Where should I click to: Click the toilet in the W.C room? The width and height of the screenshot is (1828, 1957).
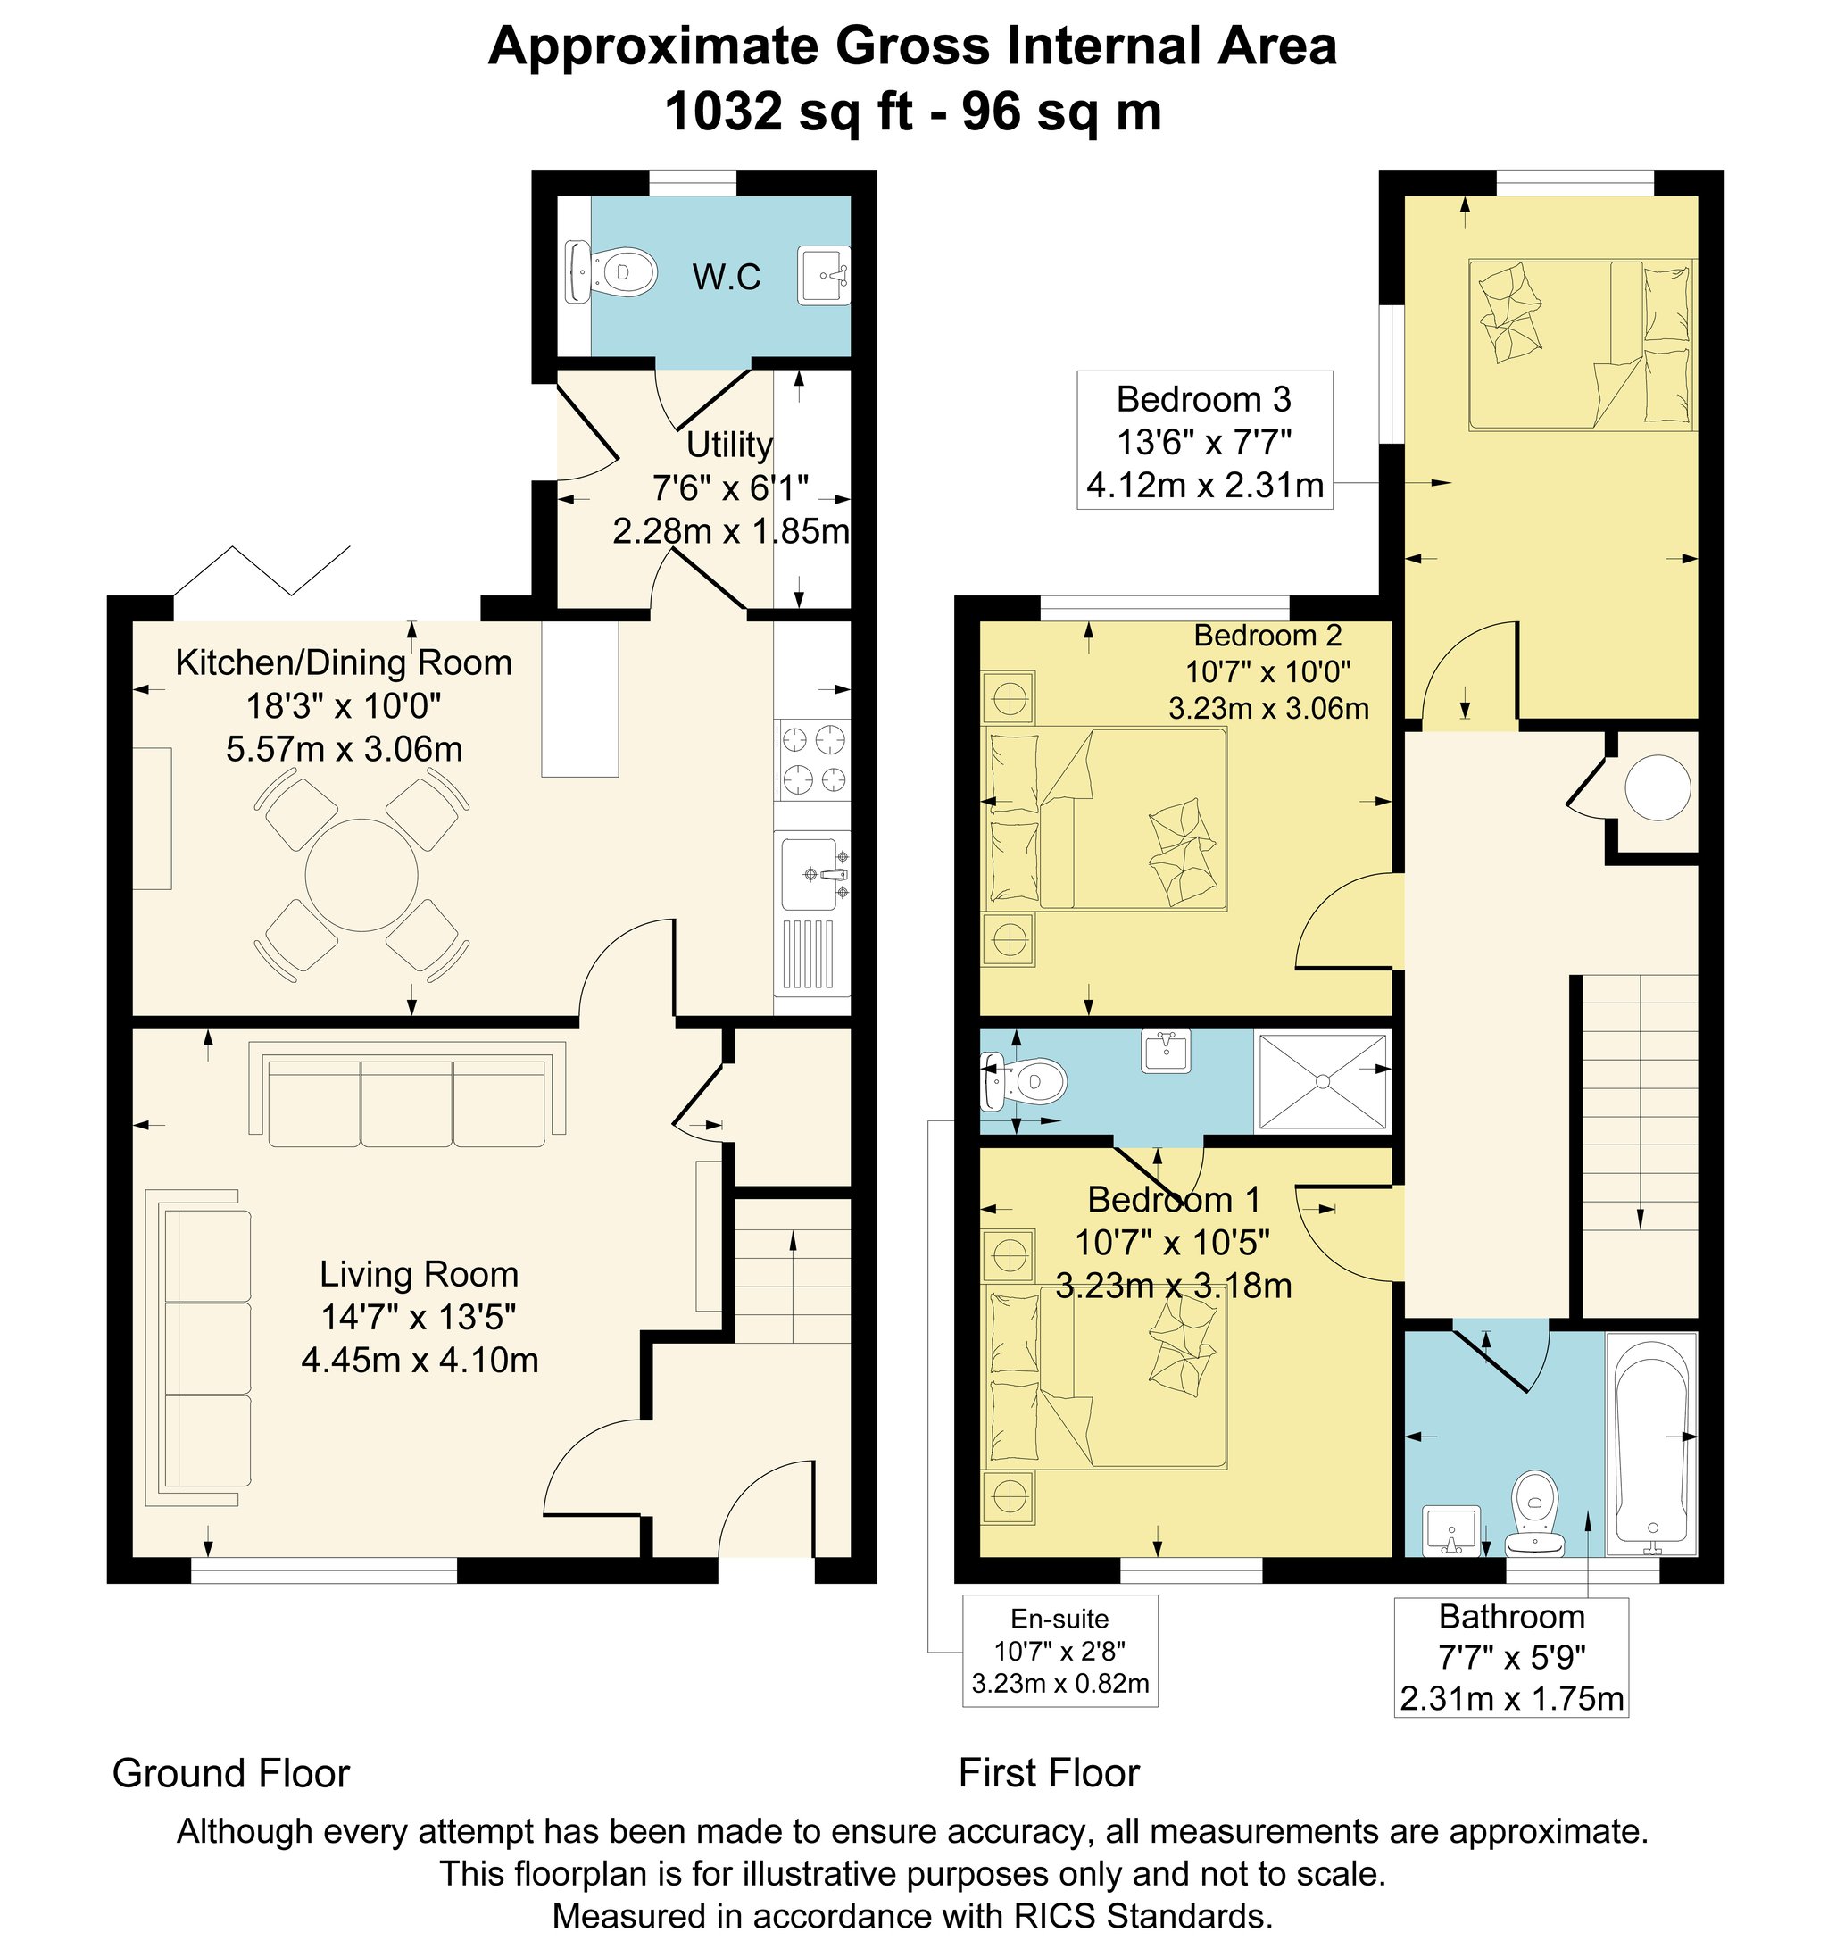(611, 271)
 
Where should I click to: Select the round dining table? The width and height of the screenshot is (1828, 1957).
(361, 874)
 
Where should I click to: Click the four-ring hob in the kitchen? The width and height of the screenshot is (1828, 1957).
(812, 759)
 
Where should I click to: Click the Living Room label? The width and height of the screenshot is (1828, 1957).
(419, 1274)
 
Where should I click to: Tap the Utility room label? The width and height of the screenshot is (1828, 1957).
(728, 445)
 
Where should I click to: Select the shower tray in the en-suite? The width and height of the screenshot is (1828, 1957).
(1322, 1081)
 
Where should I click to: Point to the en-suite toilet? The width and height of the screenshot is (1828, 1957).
(1025, 1082)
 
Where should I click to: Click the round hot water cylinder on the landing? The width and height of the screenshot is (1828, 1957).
(1658, 788)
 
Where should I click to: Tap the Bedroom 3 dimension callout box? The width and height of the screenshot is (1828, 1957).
(1205, 440)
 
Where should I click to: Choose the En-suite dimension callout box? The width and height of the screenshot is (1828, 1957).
(1060, 1651)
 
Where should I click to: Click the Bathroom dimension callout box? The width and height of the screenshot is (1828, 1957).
(1511, 1657)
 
